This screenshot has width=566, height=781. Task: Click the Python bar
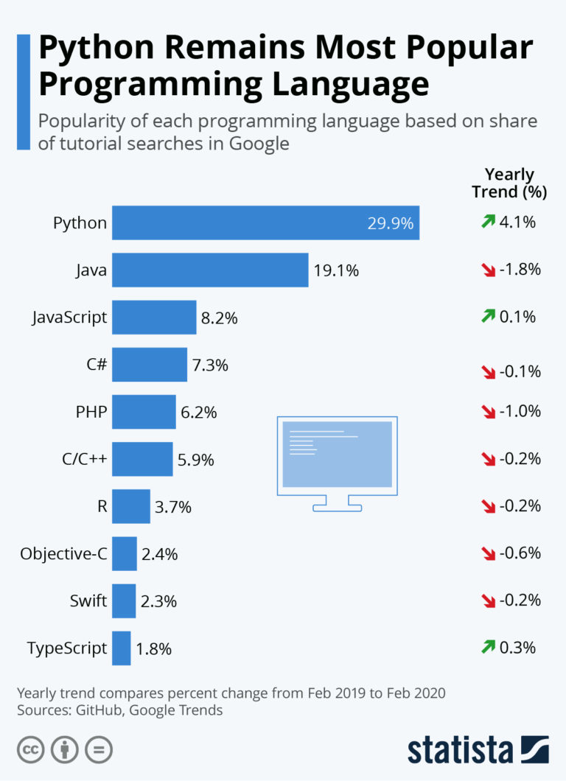pos(265,223)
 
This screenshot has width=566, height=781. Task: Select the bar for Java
pos(210,270)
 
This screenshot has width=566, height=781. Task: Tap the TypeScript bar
pos(122,648)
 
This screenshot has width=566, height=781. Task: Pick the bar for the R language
pos(131,506)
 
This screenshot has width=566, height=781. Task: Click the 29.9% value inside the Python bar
pos(390,223)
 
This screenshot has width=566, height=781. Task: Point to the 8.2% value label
pos(220,318)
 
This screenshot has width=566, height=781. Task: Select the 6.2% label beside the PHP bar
pos(199,413)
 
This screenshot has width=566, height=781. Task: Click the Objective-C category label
pos(64,554)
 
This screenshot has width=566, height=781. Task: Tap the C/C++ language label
pos(85,460)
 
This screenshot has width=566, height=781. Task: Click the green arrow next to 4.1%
pos(488,221)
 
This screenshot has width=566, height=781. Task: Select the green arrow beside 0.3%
pos(488,647)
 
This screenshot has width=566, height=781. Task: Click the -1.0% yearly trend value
pos(520,411)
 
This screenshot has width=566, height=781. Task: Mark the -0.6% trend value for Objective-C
pos(520,553)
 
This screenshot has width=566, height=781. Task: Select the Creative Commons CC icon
pos(31,750)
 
